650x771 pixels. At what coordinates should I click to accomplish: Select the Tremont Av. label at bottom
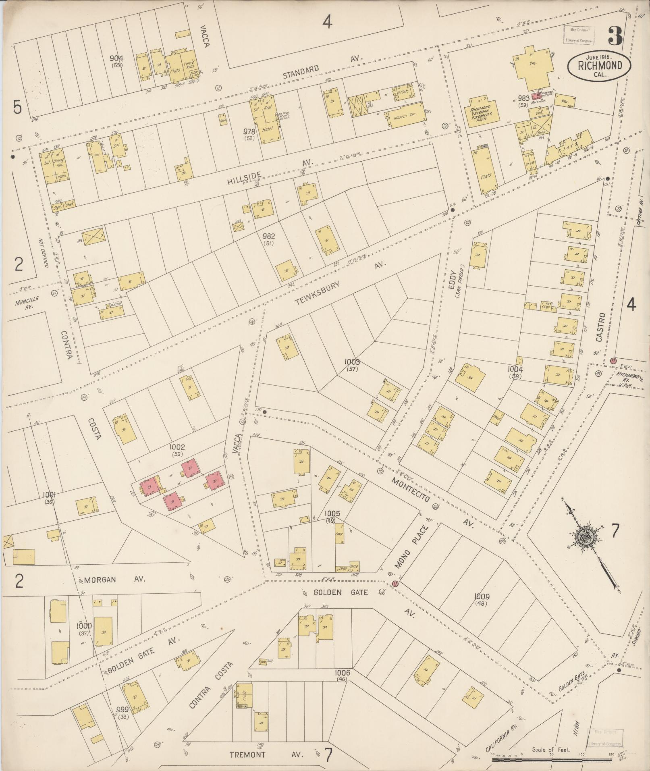click(x=266, y=754)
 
